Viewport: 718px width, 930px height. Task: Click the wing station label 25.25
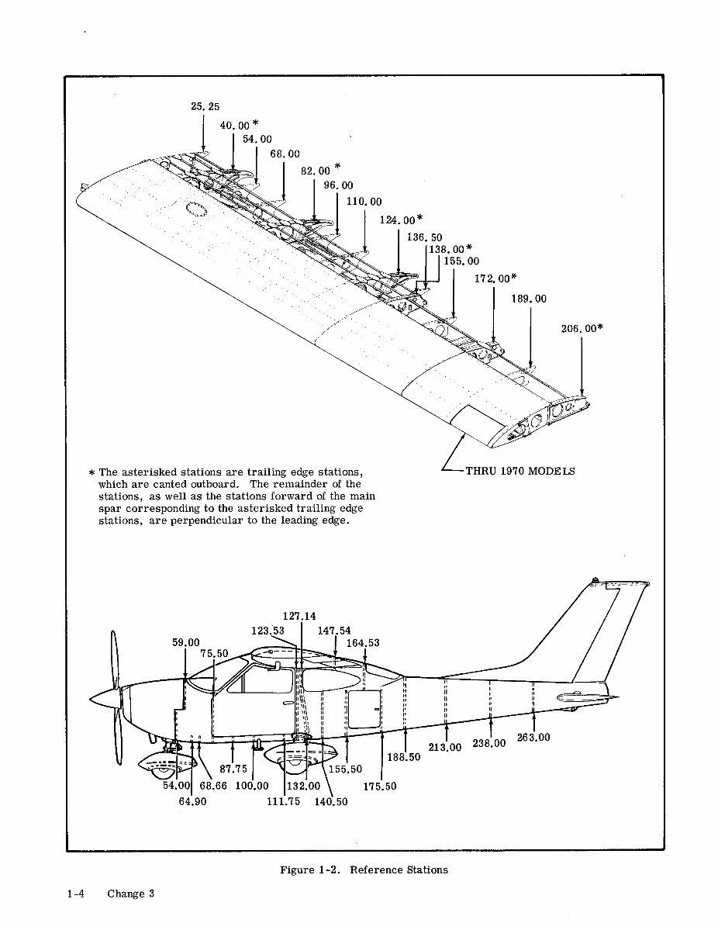(205, 107)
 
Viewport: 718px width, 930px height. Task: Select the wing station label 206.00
(578, 329)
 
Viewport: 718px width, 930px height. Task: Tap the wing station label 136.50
(424, 237)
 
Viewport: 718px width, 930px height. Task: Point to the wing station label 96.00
(337, 185)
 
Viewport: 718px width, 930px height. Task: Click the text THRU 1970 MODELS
(520, 471)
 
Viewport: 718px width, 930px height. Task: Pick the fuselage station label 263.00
(533, 738)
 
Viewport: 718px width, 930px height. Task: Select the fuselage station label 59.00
(185, 643)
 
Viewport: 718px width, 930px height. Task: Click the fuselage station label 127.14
(299, 617)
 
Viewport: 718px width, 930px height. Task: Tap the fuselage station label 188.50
(404, 757)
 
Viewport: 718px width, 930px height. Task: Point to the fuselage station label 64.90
(192, 802)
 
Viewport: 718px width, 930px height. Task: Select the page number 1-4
(75, 894)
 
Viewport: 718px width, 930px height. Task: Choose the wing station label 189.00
(529, 299)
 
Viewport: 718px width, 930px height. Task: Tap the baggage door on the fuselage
(362, 710)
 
